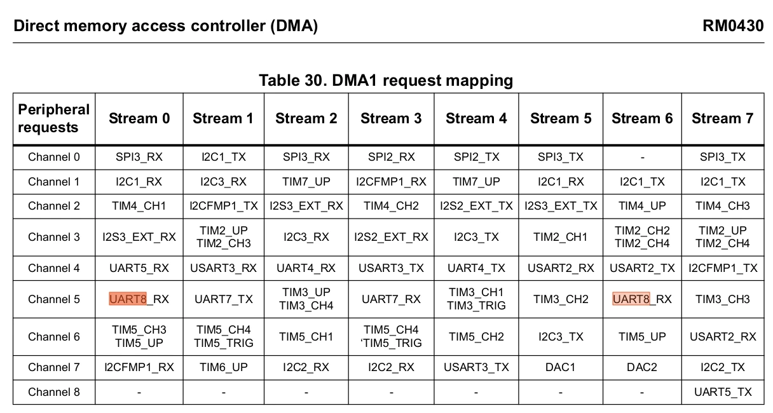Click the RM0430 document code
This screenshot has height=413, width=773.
pyautogui.click(x=733, y=26)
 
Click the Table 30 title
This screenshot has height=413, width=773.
pyautogui.click(x=386, y=81)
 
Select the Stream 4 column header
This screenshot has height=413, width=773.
pyautogui.click(x=476, y=118)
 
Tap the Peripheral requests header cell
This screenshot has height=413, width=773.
pyautogui.click(x=54, y=118)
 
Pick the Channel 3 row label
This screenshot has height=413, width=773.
pyautogui.click(x=54, y=237)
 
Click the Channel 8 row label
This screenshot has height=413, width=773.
pyautogui.click(x=54, y=392)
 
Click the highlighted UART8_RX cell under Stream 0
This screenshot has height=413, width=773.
pyautogui.click(x=139, y=299)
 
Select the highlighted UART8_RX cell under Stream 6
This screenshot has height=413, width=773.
pyautogui.click(x=642, y=299)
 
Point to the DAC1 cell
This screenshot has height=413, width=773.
pyautogui.click(x=561, y=367)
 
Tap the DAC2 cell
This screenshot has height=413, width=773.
pyautogui.click(x=642, y=367)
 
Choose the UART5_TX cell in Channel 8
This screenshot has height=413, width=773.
pyautogui.click(x=723, y=392)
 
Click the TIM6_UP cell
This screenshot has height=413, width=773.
pyautogui.click(x=224, y=367)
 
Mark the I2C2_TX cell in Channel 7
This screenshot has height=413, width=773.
pyautogui.click(x=723, y=367)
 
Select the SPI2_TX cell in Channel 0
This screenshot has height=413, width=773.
pyautogui.click(x=477, y=157)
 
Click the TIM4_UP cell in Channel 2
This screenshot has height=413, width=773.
pyautogui.click(x=642, y=206)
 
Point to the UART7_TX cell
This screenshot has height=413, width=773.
pyautogui.click(x=224, y=299)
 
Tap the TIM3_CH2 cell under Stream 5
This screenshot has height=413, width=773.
pyautogui.click(x=561, y=299)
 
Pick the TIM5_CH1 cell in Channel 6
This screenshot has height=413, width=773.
pyautogui.click(x=306, y=336)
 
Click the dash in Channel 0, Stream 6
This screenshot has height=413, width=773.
pyautogui.click(x=642, y=158)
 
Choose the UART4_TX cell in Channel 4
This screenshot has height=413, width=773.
pyautogui.click(x=476, y=268)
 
